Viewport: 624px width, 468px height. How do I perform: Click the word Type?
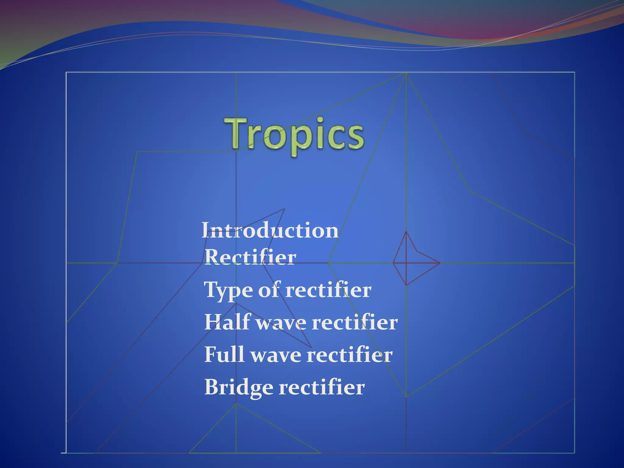point(228,290)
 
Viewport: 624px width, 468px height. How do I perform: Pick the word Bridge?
point(239,387)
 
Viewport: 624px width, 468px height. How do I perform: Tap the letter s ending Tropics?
point(355,139)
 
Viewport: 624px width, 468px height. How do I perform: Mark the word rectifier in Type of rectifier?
point(328,290)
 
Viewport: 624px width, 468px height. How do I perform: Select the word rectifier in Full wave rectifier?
point(349,355)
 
